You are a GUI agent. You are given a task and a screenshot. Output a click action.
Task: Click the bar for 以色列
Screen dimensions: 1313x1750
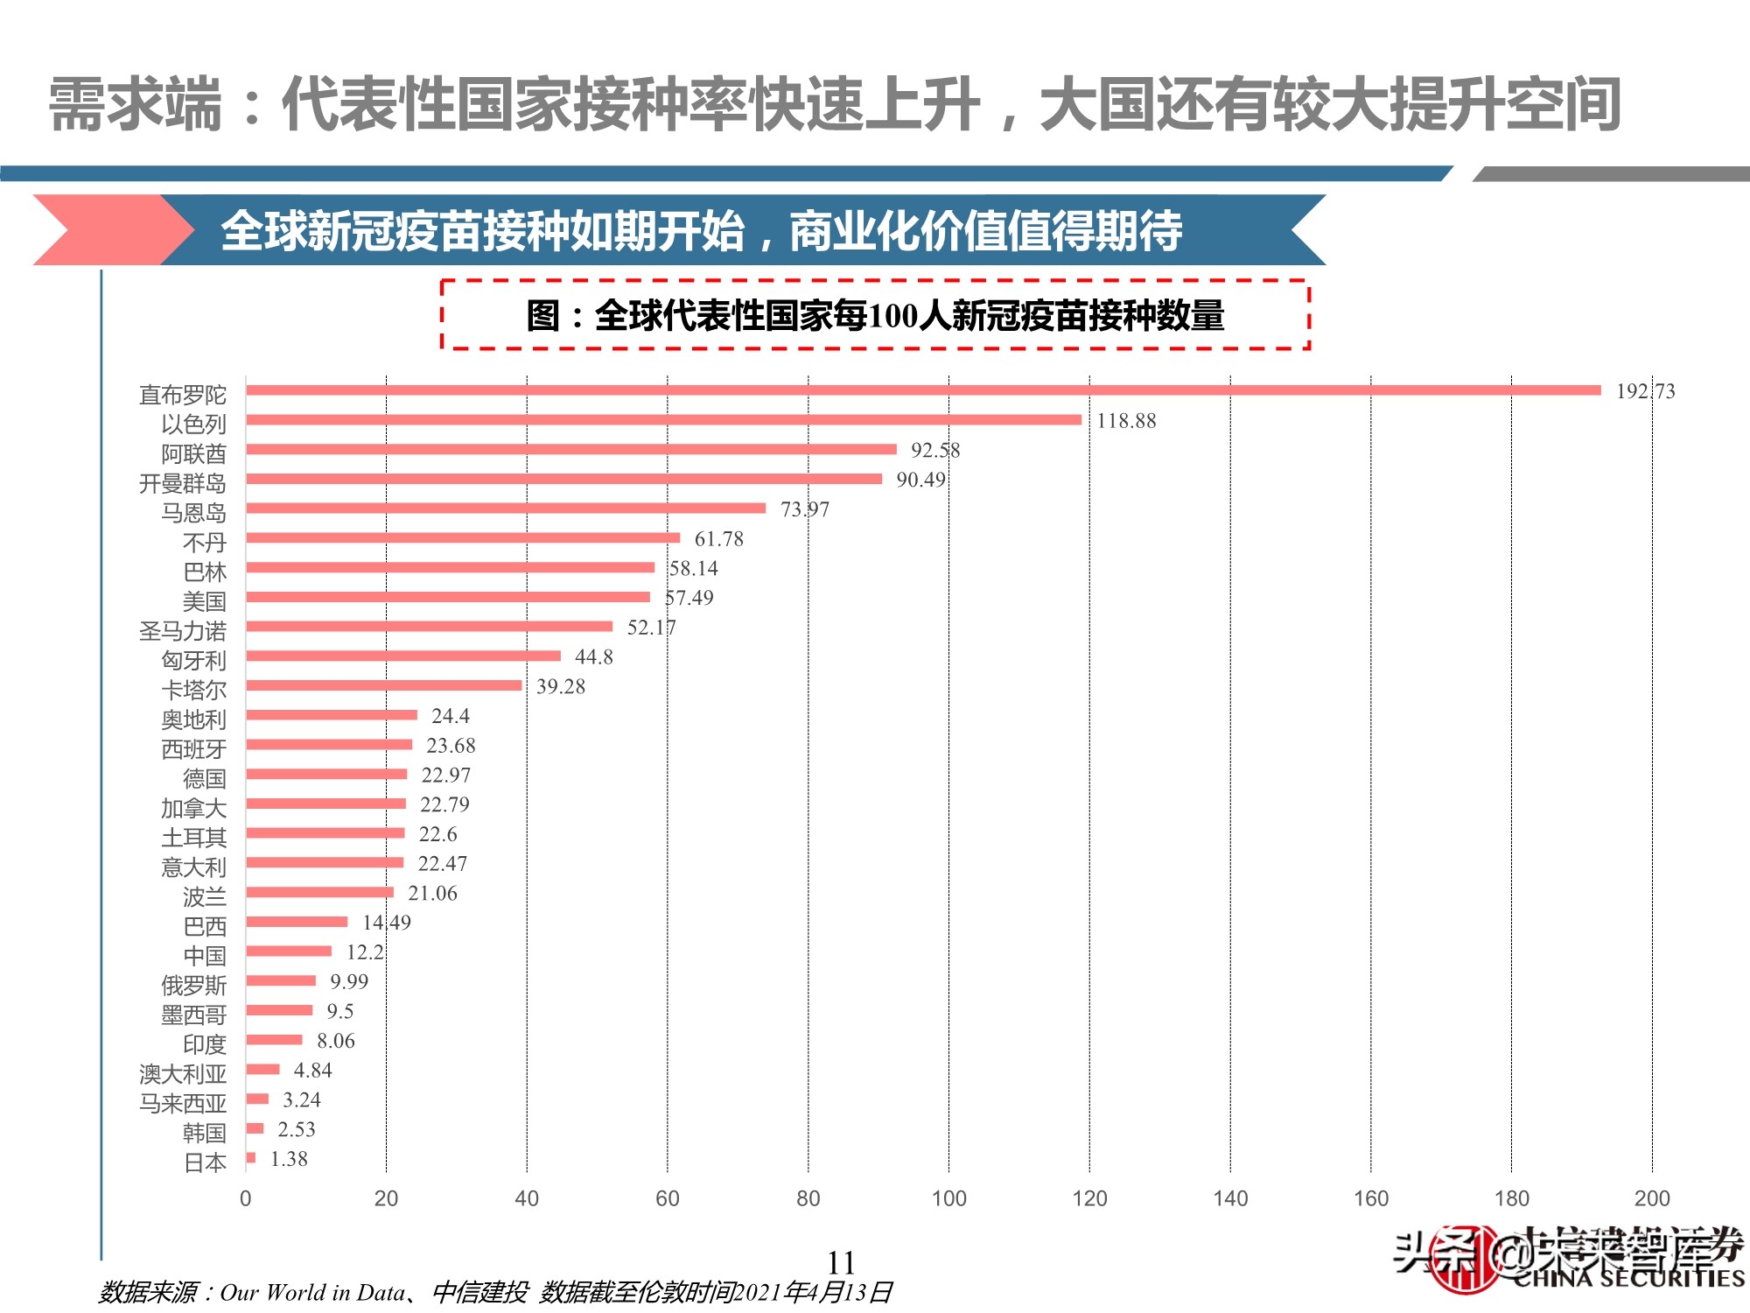click(663, 420)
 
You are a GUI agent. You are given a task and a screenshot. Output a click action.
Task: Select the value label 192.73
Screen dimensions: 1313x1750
click(1645, 391)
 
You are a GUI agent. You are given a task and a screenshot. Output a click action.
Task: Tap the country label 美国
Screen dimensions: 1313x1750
click(204, 601)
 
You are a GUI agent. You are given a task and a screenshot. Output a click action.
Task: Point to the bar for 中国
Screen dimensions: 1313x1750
click(289, 951)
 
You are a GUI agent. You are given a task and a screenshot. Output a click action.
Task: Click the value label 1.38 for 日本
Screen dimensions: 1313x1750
click(289, 1159)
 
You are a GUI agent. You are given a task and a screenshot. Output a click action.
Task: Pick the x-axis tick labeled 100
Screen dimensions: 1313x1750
click(948, 1198)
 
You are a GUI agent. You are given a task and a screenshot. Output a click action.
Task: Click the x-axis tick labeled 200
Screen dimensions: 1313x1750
click(1651, 1198)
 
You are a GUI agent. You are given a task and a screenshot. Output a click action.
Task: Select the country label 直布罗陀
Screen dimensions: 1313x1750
click(182, 395)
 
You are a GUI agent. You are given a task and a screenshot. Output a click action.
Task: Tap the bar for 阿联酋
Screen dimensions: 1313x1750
click(570, 450)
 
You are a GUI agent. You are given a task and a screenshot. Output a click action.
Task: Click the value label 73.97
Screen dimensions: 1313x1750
click(804, 509)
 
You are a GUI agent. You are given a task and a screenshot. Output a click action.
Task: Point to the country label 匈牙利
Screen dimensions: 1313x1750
click(193, 661)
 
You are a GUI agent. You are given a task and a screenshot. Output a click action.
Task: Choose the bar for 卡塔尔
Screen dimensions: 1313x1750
click(383, 685)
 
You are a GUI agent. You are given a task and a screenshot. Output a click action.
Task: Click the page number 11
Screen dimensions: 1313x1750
click(841, 1262)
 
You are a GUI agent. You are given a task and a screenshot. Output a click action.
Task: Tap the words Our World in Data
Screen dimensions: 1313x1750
click(312, 1293)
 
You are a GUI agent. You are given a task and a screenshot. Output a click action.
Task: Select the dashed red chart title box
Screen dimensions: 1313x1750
click(875, 315)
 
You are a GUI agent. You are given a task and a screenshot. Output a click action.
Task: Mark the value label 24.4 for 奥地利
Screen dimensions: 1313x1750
click(450, 716)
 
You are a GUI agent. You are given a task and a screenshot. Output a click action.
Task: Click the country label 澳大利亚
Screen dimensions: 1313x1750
click(182, 1074)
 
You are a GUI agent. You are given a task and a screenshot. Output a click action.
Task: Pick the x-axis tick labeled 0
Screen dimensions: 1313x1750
click(246, 1198)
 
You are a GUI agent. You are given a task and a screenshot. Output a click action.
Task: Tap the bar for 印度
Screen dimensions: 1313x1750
click(274, 1040)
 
